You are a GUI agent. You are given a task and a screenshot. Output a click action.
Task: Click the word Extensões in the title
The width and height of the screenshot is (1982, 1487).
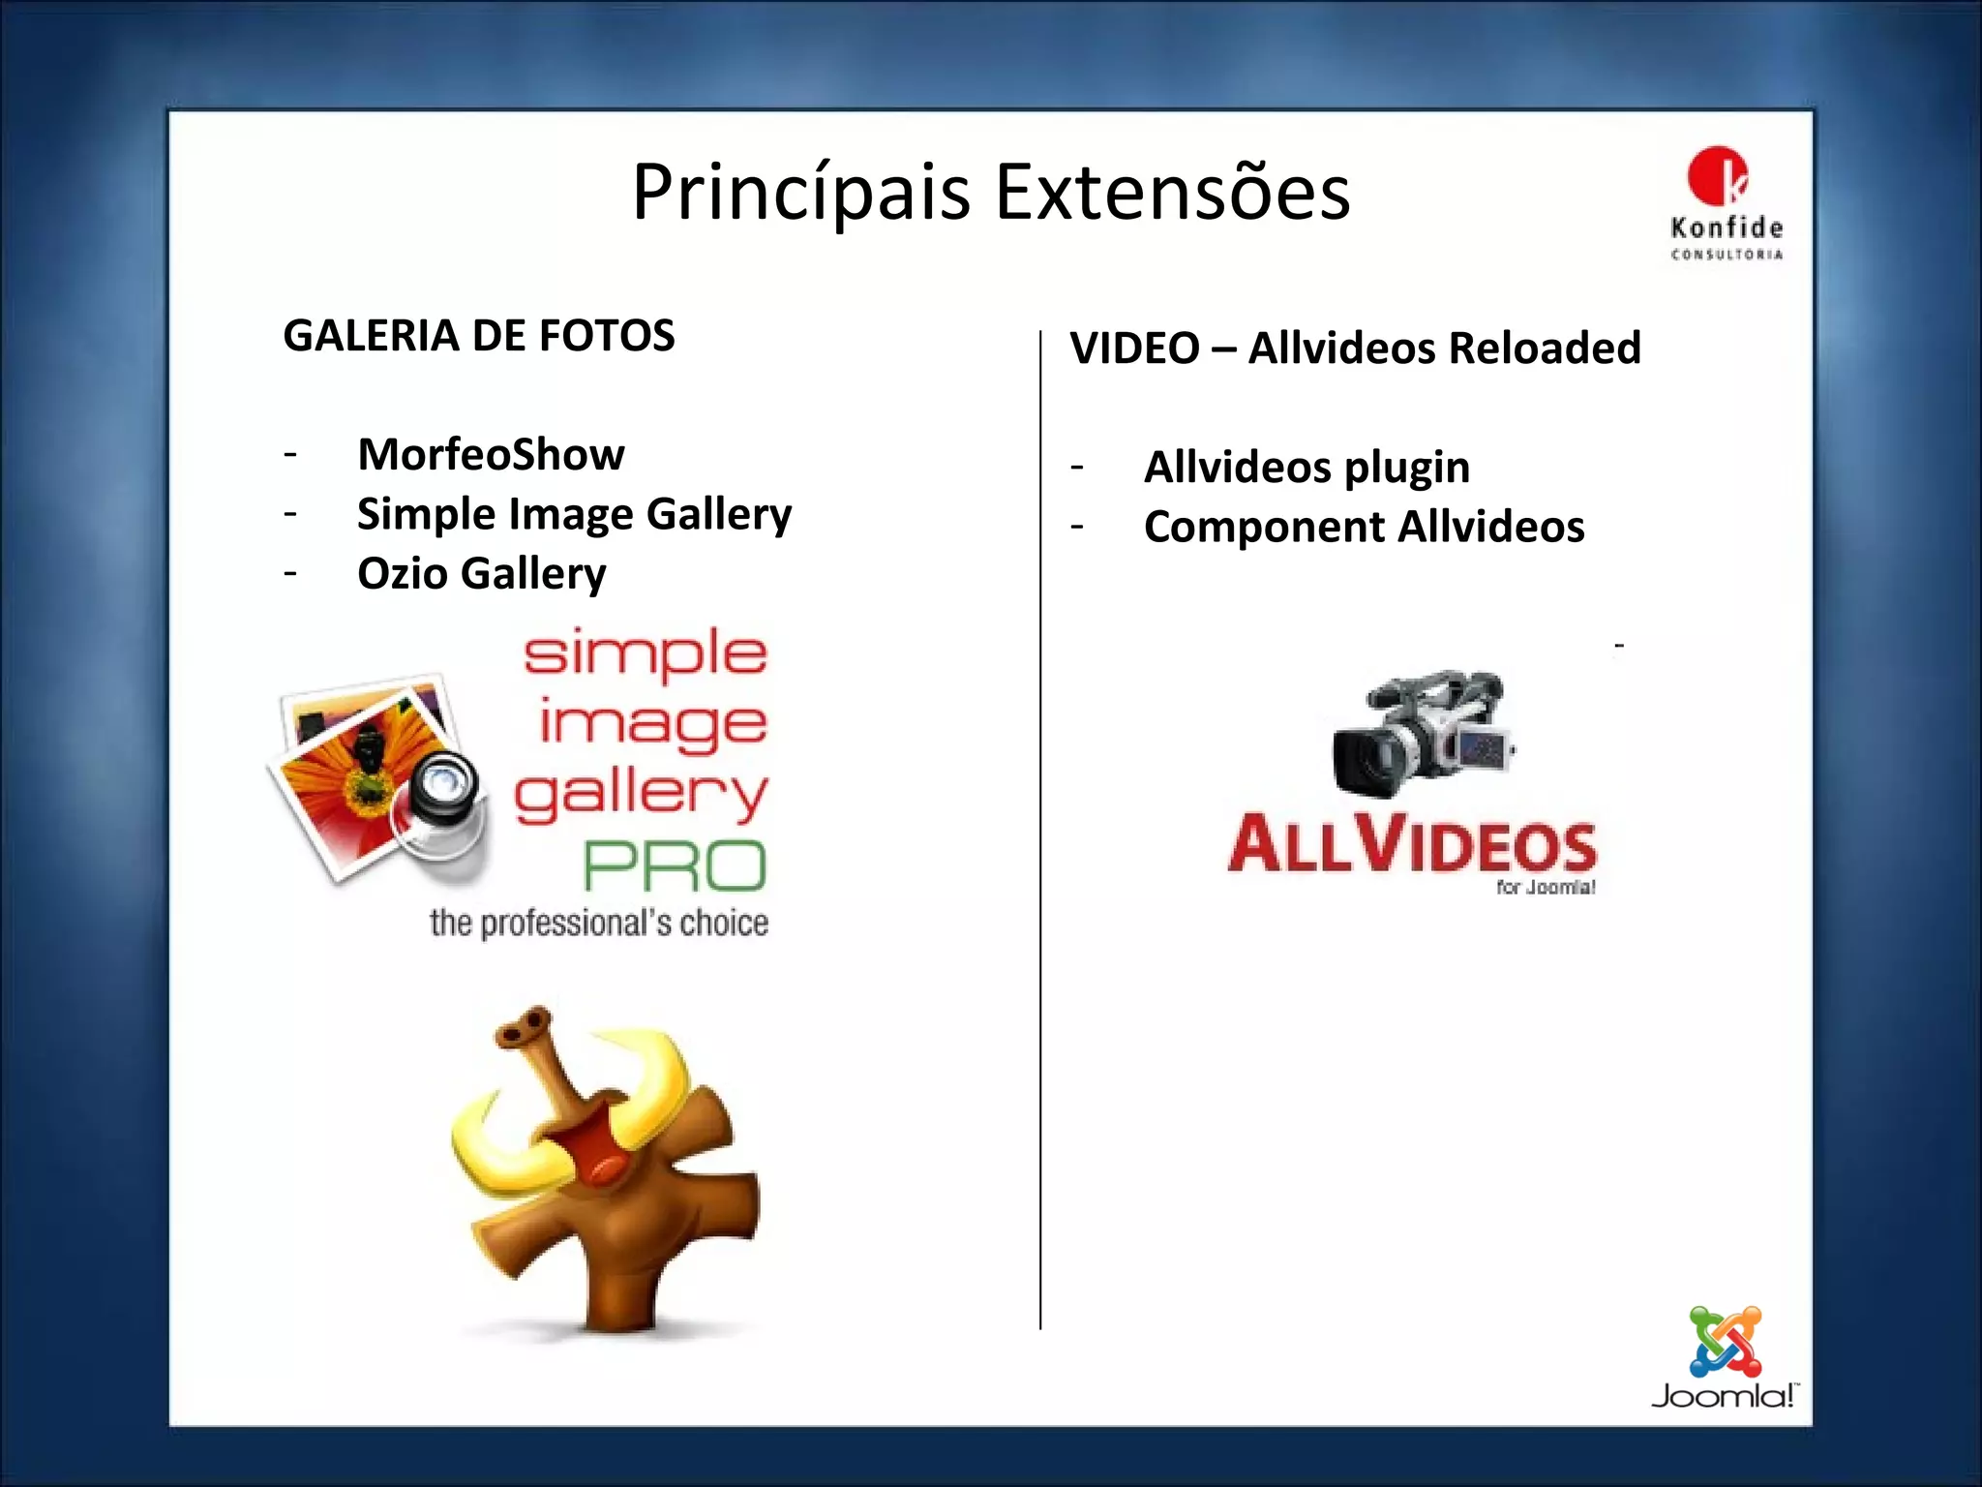[1172, 194]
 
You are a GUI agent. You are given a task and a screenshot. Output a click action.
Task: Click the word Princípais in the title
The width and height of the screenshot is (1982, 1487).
[800, 194]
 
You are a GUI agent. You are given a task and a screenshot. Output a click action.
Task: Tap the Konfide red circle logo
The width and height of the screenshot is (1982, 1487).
[1717, 177]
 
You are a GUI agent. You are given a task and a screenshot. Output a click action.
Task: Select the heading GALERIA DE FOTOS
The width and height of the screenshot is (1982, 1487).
[479, 336]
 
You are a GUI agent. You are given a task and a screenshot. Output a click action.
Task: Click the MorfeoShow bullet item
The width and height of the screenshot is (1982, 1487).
[491, 454]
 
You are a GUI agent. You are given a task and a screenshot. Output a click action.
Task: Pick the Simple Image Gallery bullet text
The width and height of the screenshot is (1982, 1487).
[574, 514]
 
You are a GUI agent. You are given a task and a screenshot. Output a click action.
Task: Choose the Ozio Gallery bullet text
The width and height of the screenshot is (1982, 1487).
[481, 573]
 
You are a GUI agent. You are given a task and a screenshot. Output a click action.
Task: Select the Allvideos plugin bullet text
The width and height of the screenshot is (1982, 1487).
[1306, 468]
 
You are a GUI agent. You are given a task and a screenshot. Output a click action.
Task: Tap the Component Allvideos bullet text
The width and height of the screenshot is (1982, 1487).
[1364, 528]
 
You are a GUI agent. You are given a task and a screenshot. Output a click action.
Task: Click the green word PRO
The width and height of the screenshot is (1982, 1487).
[675, 866]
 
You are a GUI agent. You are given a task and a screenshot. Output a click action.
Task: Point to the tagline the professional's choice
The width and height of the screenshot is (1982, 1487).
[599, 924]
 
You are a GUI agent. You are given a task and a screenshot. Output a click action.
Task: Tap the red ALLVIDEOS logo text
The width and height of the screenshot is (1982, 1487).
[1412, 844]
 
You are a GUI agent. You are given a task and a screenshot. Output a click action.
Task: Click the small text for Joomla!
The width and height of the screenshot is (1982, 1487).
[1545, 887]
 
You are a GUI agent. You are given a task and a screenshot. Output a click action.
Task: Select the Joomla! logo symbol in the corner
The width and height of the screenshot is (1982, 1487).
[1725, 1342]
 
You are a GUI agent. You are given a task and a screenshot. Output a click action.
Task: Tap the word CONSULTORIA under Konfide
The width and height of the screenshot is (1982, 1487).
[1727, 255]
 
